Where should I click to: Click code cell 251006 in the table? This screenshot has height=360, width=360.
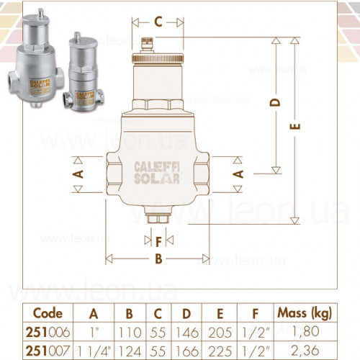[48, 333]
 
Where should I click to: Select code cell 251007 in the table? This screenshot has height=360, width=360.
[48, 351]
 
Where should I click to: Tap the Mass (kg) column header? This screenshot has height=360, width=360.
[305, 313]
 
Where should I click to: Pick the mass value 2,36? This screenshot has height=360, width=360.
[305, 351]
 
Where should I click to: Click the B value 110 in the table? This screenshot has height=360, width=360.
[130, 333]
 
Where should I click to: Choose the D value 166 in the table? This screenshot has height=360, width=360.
[187, 351]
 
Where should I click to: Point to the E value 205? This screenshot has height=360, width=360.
[220, 333]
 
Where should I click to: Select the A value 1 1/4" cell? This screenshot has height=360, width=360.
[94, 351]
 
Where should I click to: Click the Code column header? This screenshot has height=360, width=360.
[48, 313]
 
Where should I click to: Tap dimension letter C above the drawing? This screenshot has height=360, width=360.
[158, 22]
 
